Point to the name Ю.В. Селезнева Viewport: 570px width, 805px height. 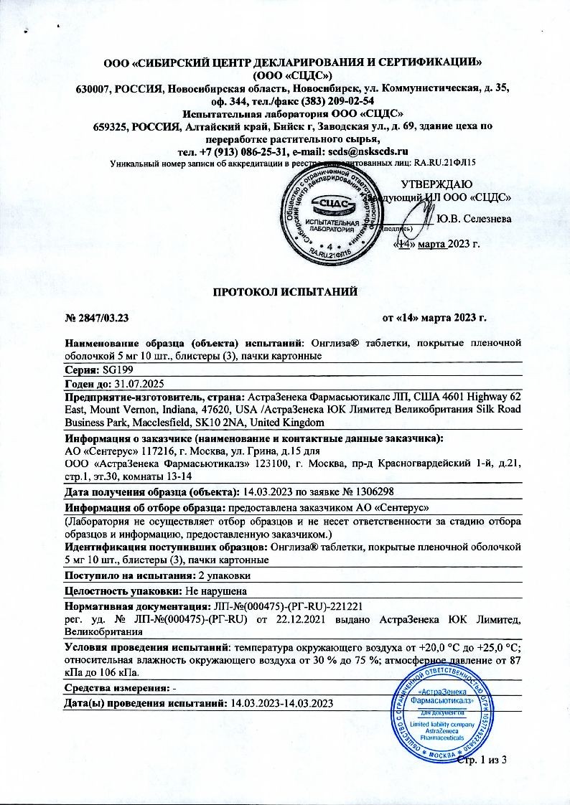coord(473,218)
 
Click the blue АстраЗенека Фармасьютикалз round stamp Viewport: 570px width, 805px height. coord(441,721)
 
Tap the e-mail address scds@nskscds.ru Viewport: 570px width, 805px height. coord(368,151)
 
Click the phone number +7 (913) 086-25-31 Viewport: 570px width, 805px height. coord(239,151)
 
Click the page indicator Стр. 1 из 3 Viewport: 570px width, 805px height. coord(482,760)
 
